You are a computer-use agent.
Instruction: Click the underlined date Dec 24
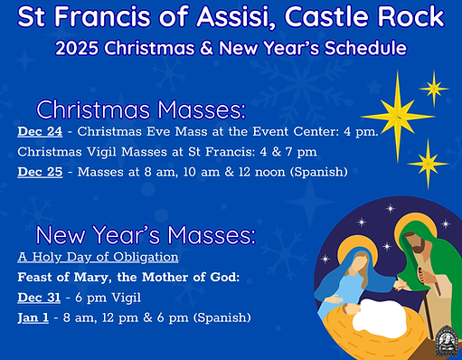tap(39, 131)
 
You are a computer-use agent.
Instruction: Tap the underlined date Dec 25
tap(39, 171)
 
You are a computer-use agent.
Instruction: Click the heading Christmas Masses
tap(140, 109)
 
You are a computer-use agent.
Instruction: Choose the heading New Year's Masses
tap(145, 235)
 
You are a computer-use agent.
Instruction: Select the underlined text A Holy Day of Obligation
tap(98, 257)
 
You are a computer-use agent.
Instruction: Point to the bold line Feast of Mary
tap(127, 277)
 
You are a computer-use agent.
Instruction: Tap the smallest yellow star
tap(434, 88)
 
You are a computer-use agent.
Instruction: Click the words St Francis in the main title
tap(81, 16)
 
